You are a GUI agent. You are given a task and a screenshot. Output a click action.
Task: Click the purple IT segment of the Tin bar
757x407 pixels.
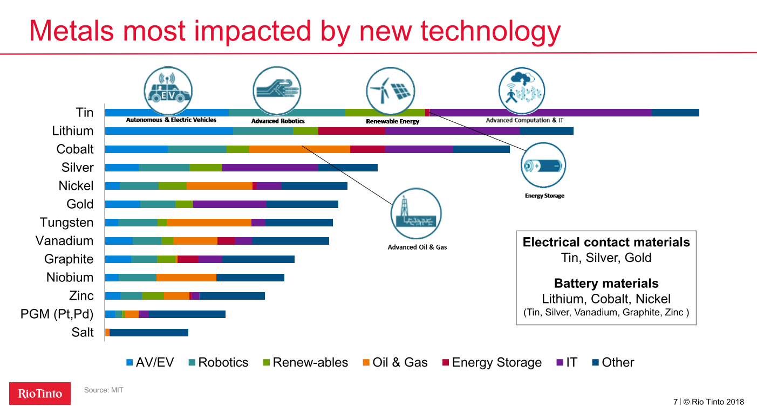coord(540,113)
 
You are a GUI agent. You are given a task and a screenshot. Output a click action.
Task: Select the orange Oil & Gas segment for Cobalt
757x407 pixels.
coord(299,149)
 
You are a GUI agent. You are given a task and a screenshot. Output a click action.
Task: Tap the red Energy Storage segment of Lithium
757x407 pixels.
coord(351,131)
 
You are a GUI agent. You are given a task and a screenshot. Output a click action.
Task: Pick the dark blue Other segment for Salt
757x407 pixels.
coord(149,333)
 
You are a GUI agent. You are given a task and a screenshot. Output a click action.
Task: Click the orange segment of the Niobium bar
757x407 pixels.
coord(186,278)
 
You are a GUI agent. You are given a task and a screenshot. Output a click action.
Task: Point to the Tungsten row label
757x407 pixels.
coord(66,223)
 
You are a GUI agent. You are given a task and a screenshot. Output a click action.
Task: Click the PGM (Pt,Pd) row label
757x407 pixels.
coord(57,314)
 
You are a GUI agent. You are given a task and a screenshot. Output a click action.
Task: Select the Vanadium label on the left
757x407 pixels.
coord(64,241)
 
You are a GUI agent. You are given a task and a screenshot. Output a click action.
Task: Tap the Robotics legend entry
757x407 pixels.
coord(218,363)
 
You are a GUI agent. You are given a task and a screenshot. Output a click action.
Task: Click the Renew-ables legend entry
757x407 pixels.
coord(305,363)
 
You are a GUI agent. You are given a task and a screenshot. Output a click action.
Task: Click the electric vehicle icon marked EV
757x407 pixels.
coord(168,91)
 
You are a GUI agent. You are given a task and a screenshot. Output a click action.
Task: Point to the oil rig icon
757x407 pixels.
coord(416,213)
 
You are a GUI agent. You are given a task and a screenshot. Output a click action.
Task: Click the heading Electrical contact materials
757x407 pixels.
coord(606,243)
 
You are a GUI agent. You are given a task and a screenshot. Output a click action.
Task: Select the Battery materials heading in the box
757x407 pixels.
coord(606,284)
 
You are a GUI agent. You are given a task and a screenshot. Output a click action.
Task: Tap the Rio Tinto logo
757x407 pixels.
coord(40,394)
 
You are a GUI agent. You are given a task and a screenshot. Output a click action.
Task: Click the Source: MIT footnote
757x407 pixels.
coord(104,390)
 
